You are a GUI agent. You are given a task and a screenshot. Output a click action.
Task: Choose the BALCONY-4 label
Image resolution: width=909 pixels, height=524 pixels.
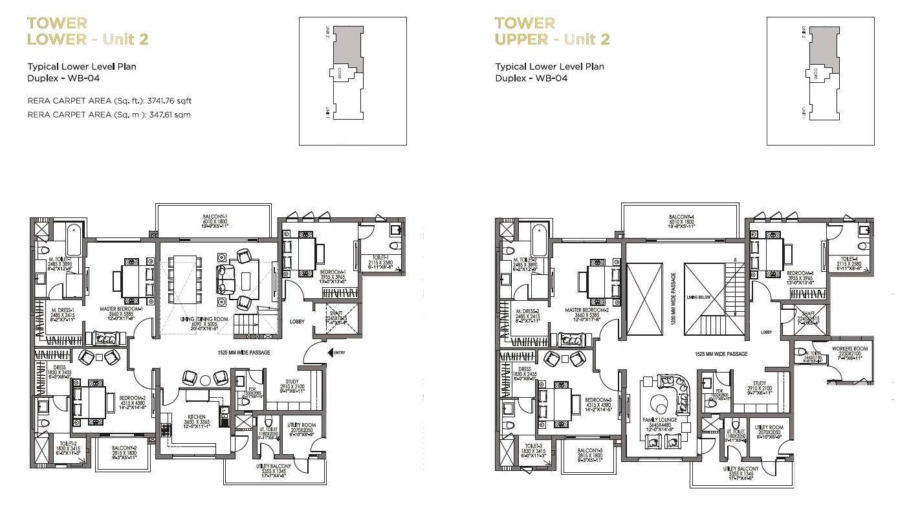pyautogui.click(x=681, y=217)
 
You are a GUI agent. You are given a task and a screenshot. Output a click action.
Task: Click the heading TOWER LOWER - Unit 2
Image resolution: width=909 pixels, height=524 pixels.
pyautogui.click(x=87, y=31)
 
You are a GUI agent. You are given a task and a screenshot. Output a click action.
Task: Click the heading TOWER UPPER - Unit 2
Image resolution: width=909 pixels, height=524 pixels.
pyautogui.click(x=552, y=31)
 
